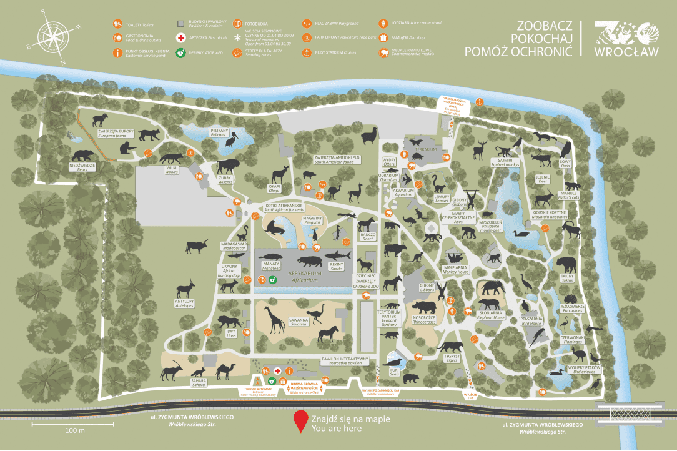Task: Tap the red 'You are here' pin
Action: [x=301, y=420]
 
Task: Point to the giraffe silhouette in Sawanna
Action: [x=274, y=319]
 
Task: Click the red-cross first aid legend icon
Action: [x=180, y=38]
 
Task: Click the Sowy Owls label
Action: [x=565, y=162]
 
